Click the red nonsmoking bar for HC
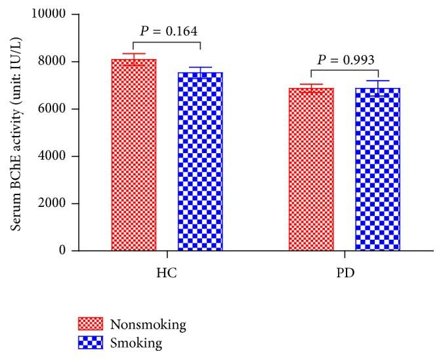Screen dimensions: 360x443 point(134,155)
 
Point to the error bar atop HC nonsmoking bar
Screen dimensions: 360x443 point(134,56)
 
